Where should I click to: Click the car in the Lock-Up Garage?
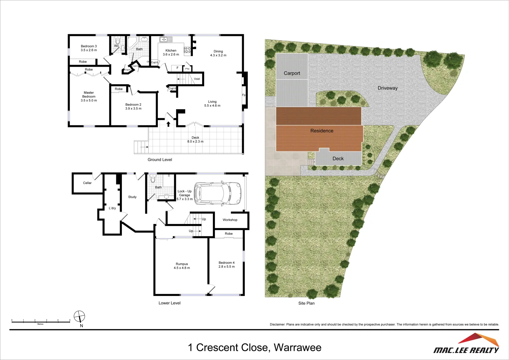(x=217, y=193)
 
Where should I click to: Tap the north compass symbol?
(x=79, y=316)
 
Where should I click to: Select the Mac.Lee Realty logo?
(x=466, y=344)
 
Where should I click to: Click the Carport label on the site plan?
(x=292, y=73)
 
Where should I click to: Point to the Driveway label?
(x=387, y=88)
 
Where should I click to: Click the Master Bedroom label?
(x=89, y=95)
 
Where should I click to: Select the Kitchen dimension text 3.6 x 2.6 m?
(x=171, y=55)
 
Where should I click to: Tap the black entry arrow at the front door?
(x=169, y=124)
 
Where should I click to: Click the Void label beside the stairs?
(x=197, y=79)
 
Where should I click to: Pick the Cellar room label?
(x=87, y=183)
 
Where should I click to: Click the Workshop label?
(x=230, y=220)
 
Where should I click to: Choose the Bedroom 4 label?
(x=227, y=263)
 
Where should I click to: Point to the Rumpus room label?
(x=182, y=264)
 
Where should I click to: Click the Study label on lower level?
(x=132, y=197)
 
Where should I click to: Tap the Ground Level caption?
(x=160, y=160)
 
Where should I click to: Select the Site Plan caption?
(x=306, y=303)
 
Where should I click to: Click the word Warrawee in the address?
(x=297, y=348)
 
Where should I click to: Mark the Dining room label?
(x=218, y=52)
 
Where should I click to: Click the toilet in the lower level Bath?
(x=153, y=180)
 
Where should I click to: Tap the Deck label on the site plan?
(x=338, y=159)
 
